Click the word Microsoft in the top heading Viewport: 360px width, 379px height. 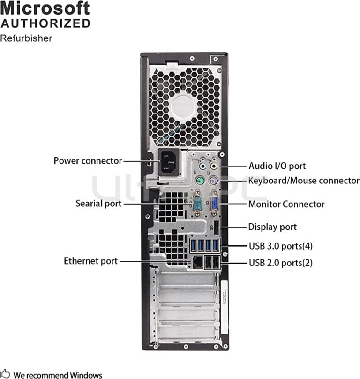(x=45, y=8)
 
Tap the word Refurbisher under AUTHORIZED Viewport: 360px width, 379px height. (x=26, y=38)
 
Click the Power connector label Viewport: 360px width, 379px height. (x=88, y=161)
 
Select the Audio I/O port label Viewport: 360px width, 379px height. (x=277, y=166)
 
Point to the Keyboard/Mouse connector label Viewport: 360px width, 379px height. (x=303, y=181)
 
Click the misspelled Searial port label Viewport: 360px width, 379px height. (x=98, y=204)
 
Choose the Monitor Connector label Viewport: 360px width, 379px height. (x=286, y=204)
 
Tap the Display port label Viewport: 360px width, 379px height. (x=272, y=227)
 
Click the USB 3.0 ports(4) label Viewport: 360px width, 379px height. (x=280, y=246)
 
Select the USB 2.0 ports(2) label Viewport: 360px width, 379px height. (x=280, y=262)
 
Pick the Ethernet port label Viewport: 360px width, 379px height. (x=90, y=261)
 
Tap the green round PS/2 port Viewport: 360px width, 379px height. (x=199, y=181)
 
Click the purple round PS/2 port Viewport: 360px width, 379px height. (x=213, y=181)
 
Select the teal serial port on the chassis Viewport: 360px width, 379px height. (x=197, y=204)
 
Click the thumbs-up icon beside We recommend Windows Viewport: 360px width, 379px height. (x=5, y=374)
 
